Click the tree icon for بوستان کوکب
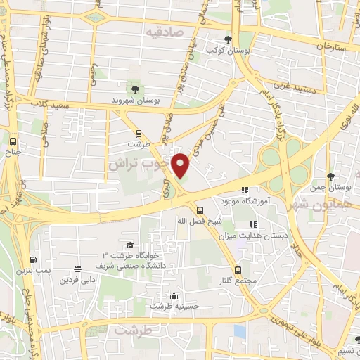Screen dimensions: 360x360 pos(226,39)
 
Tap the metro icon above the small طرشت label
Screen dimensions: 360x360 pos(139,132)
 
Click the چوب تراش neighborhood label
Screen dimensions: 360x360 pos(139,163)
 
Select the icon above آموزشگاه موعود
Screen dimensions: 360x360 pos(245,190)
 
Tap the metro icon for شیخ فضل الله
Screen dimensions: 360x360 pos(200,210)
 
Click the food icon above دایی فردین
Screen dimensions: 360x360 pos(77,269)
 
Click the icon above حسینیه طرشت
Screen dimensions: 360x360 pos(173,295)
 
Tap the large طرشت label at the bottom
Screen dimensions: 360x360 pos(134,330)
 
